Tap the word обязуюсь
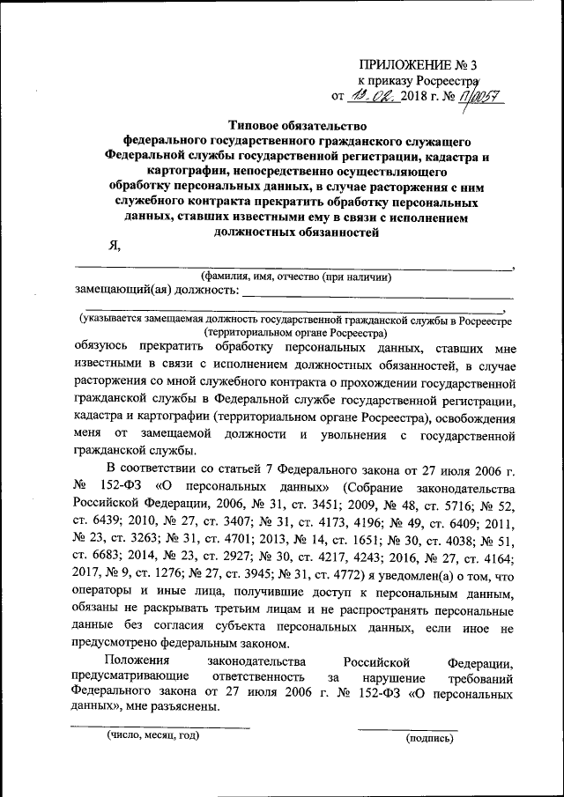pyautogui.click(x=108, y=347)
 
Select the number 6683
pyautogui.click(x=95, y=555)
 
